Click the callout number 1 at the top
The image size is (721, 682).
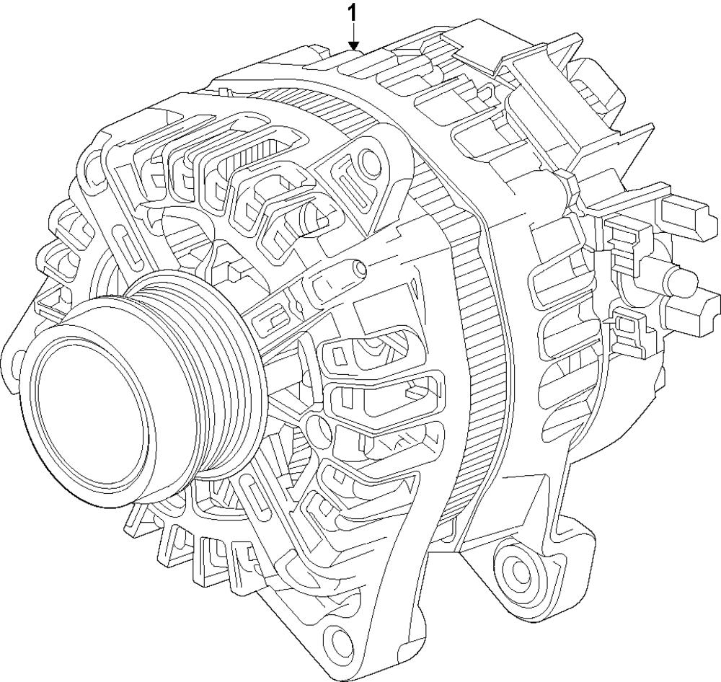pyautogui.click(x=353, y=12)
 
